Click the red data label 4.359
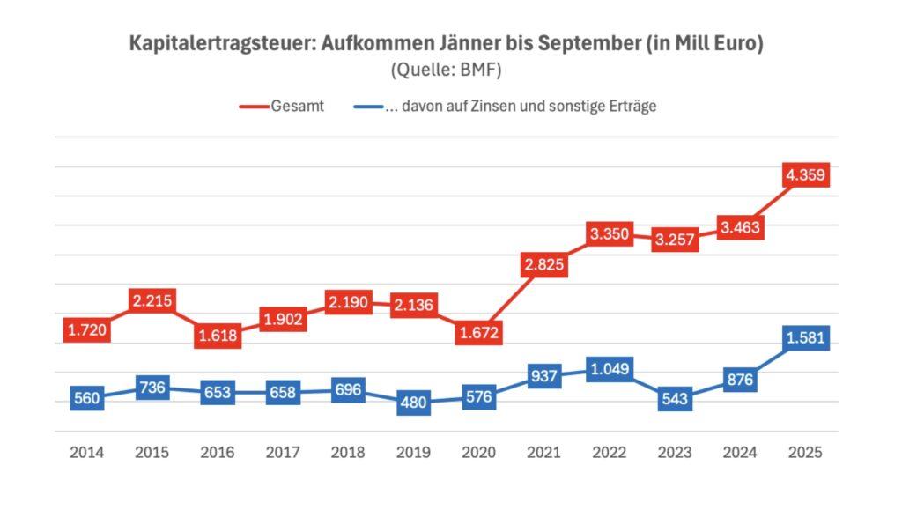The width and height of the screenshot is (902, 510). (806, 175)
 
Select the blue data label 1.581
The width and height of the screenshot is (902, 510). (806, 338)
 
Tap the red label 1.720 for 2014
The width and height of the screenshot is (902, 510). (87, 330)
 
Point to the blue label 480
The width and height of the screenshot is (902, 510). (414, 403)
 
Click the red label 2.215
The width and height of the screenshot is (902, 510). (152, 301)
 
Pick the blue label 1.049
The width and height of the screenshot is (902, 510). (610, 369)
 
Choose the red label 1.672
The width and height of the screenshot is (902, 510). (479, 334)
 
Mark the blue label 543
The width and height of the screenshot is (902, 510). (676, 399)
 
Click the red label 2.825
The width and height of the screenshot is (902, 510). (544, 265)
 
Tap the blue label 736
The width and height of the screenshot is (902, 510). (152, 388)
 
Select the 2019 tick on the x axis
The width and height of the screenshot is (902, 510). (414, 453)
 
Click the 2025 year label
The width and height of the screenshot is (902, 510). (806, 453)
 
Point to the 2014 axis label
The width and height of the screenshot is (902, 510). (87, 453)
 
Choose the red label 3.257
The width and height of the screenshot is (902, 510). (676, 240)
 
